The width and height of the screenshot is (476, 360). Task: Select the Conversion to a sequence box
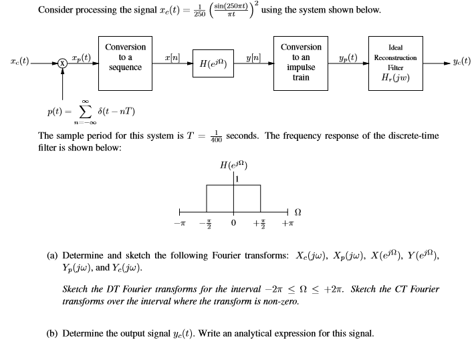click(x=126, y=63)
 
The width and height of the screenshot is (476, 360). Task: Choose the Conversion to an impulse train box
click(x=301, y=63)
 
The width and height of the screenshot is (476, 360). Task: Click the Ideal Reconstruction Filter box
click(x=394, y=63)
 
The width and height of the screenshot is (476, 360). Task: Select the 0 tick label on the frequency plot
click(x=233, y=222)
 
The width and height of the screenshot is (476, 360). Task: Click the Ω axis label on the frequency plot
click(x=298, y=212)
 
